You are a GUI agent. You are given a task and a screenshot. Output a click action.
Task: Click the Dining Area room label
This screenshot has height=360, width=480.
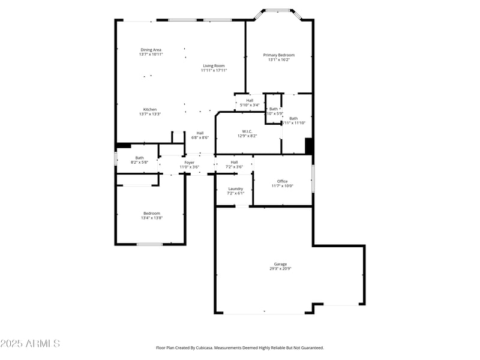click(x=151, y=50)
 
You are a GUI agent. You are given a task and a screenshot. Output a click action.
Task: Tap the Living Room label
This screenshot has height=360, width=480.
click(x=214, y=66)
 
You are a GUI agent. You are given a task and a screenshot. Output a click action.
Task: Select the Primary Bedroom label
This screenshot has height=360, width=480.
click(x=279, y=55)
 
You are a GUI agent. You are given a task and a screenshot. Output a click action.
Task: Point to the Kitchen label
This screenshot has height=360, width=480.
click(x=150, y=110)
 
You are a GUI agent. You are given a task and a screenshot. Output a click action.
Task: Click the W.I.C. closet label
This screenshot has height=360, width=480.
click(x=248, y=131)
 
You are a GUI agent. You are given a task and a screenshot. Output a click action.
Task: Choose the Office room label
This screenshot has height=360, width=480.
click(x=282, y=181)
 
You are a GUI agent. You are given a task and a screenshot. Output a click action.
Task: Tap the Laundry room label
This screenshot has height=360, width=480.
click(x=235, y=188)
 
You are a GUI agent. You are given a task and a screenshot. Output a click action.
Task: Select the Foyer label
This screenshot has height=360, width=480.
click(x=190, y=162)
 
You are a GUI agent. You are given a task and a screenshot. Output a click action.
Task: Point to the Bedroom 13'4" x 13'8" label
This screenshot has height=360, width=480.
click(x=152, y=213)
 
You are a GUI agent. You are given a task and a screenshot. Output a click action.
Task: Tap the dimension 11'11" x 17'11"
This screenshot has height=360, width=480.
click(x=214, y=71)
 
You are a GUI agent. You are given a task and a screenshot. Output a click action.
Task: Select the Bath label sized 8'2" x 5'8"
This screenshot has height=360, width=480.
click(x=139, y=158)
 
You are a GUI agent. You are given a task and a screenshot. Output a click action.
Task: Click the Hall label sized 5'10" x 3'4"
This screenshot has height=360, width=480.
click(x=250, y=100)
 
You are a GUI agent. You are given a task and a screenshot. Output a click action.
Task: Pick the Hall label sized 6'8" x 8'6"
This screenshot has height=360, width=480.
click(x=200, y=133)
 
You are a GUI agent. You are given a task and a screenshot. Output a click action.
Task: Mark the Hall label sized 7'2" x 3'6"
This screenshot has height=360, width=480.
click(x=234, y=162)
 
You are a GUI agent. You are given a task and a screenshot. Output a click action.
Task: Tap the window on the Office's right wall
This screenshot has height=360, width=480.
click(x=313, y=178)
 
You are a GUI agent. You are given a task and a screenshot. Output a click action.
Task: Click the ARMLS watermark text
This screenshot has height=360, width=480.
click(x=30, y=344)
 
